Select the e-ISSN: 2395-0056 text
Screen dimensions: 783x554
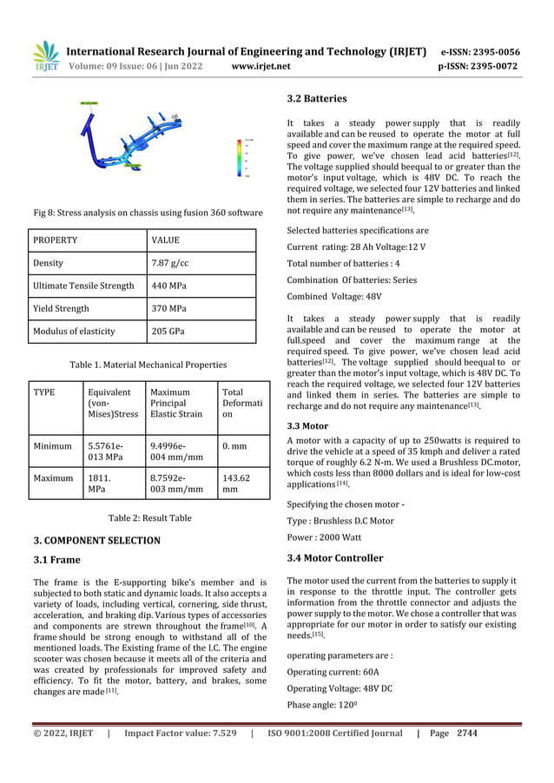(x=480, y=51)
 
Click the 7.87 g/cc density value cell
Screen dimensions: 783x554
(x=167, y=262)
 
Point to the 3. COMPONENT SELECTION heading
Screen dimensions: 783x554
(x=96, y=540)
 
